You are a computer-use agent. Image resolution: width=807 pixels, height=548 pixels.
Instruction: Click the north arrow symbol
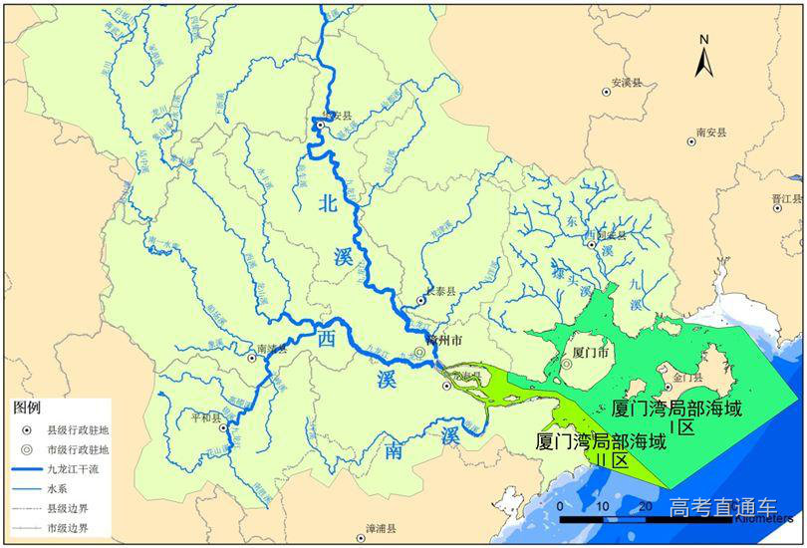[x=703, y=56]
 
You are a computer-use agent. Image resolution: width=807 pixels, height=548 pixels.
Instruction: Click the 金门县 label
[x=688, y=378]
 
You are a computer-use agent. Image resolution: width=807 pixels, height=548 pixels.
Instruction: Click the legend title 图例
[x=27, y=409]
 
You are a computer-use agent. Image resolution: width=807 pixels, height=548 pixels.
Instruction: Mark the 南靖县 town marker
[x=249, y=354]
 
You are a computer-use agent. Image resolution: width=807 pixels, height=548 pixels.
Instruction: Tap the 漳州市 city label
[x=443, y=340]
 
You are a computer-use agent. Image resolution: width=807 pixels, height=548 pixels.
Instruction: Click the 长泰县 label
[x=439, y=291]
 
